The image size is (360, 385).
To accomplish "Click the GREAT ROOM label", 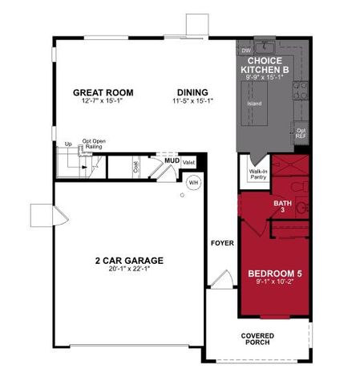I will click(x=103, y=92).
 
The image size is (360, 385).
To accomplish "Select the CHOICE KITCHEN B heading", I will click(x=269, y=65).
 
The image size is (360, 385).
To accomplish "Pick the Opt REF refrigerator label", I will click(x=301, y=133).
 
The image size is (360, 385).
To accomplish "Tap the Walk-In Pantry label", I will click(x=257, y=174).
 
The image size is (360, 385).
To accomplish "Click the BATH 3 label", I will click(x=282, y=207).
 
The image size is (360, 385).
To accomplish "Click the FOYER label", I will click(x=221, y=242).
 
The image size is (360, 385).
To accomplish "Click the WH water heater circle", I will click(x=193, y=183).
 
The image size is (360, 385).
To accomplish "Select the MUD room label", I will click(x=172, y=160).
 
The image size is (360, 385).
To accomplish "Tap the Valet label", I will click(x=189, y=161).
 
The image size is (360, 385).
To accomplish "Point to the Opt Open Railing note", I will click(x=93, y=144).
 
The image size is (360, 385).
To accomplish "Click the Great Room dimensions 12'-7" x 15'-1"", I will click(x=103, y=102).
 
